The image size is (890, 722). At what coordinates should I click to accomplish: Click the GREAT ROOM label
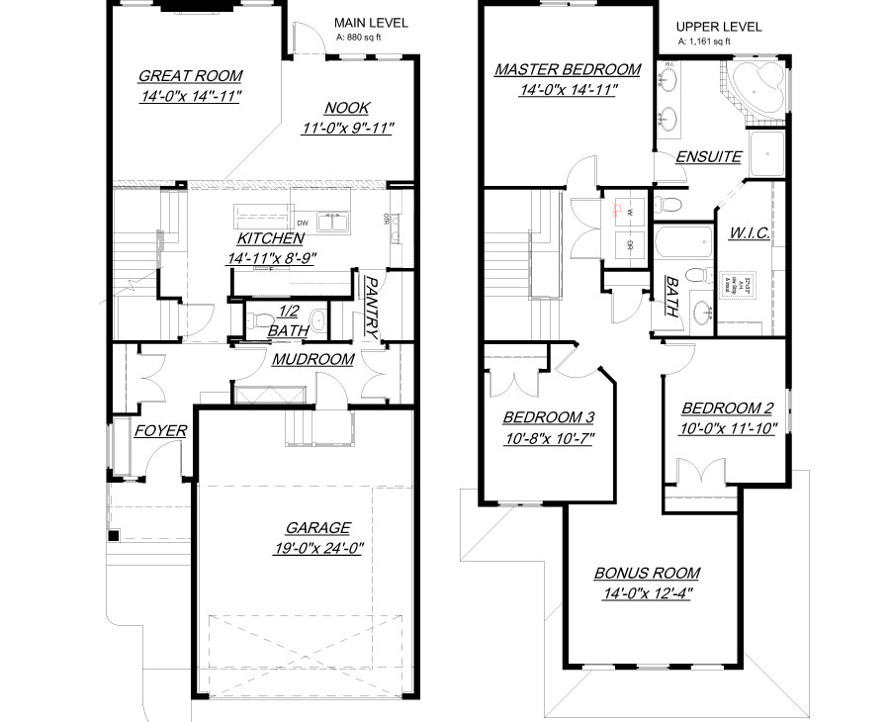pos(190,75)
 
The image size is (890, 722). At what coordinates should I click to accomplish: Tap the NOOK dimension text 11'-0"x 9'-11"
pos(348,129)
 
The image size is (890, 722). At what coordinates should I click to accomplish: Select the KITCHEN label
pos(269,238)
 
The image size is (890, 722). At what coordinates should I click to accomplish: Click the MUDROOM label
pos(312,359)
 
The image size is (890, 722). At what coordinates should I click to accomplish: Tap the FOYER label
pos(160,430)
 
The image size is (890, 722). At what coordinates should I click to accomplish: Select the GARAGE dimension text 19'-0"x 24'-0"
pos(318,548)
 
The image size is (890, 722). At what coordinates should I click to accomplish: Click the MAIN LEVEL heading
pos(371,23)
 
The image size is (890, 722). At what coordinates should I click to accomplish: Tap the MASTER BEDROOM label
pos(568,69)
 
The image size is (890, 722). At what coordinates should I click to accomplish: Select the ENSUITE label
pos(708,157)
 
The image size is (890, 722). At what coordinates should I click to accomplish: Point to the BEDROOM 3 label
pos(548,416)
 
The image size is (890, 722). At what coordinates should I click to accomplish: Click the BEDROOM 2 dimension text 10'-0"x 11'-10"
pos(730,428)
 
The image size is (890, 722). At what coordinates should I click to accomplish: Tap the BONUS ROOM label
pos(647,573)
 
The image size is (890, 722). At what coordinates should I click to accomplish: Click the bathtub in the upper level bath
pos(683,241)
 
